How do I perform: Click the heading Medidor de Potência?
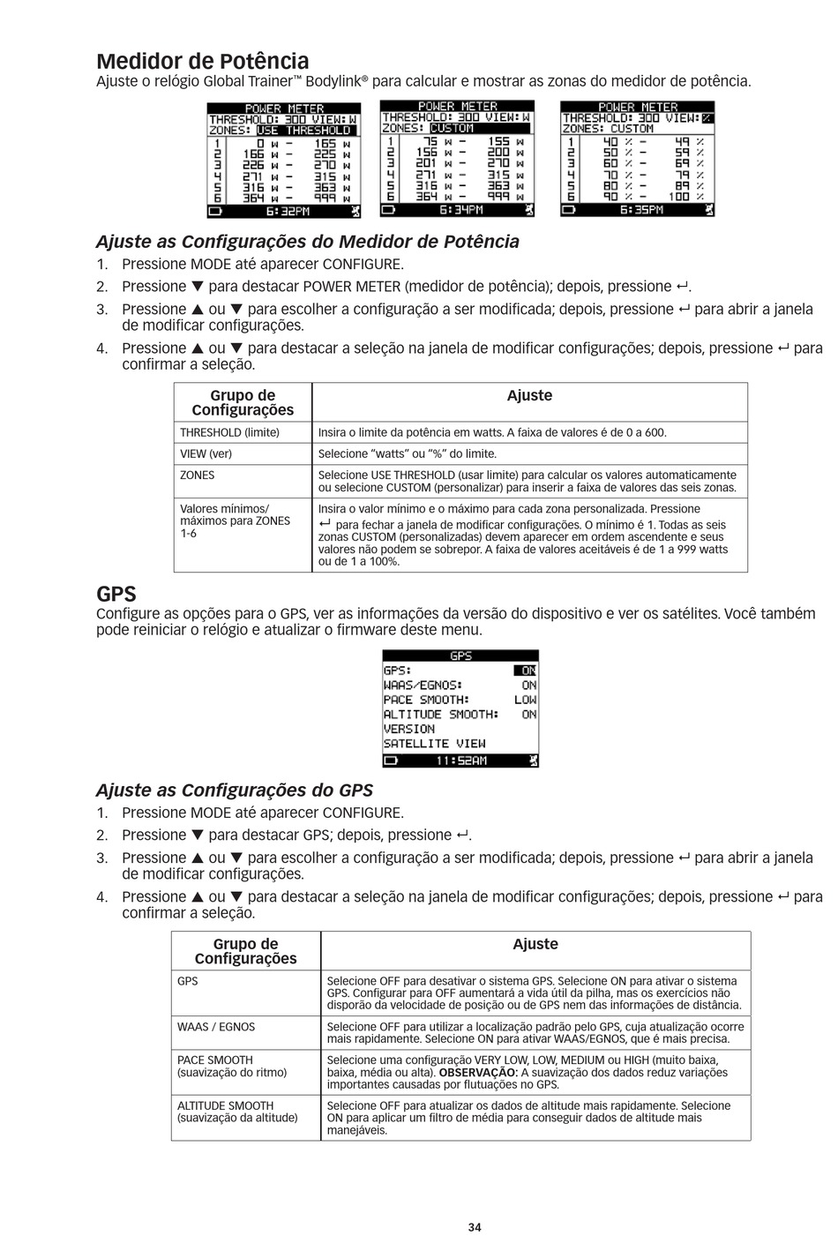click(x=203, y=61)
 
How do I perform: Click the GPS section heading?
click(x=116, y=594)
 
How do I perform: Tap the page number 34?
click(x=475, y=1227)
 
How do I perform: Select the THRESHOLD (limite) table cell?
click(x=229, y=432)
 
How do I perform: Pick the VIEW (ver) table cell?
click(x=206, y=453)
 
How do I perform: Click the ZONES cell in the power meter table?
click(x=198, y=475)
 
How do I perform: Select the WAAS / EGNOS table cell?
click(x=216, y=1027)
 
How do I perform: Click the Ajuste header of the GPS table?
click(x=535, y=944)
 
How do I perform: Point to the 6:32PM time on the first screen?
click(x=288, y=212)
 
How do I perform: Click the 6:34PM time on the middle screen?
click(x=460, y=210)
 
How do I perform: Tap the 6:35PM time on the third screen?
click(x=641, y=210)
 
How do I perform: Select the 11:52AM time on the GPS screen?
click(x=460, y=760)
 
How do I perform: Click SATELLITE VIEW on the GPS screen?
click(x=434, y=744)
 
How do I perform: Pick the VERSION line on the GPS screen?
click(x=409, y=729)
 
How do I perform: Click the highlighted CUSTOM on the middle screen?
click(x=452, y=128)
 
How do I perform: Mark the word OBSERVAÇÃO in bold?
click(x=468, y=1073)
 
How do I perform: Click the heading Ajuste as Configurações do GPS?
click(x=234, y=790)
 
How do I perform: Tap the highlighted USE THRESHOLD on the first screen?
click(x=303, y=131)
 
